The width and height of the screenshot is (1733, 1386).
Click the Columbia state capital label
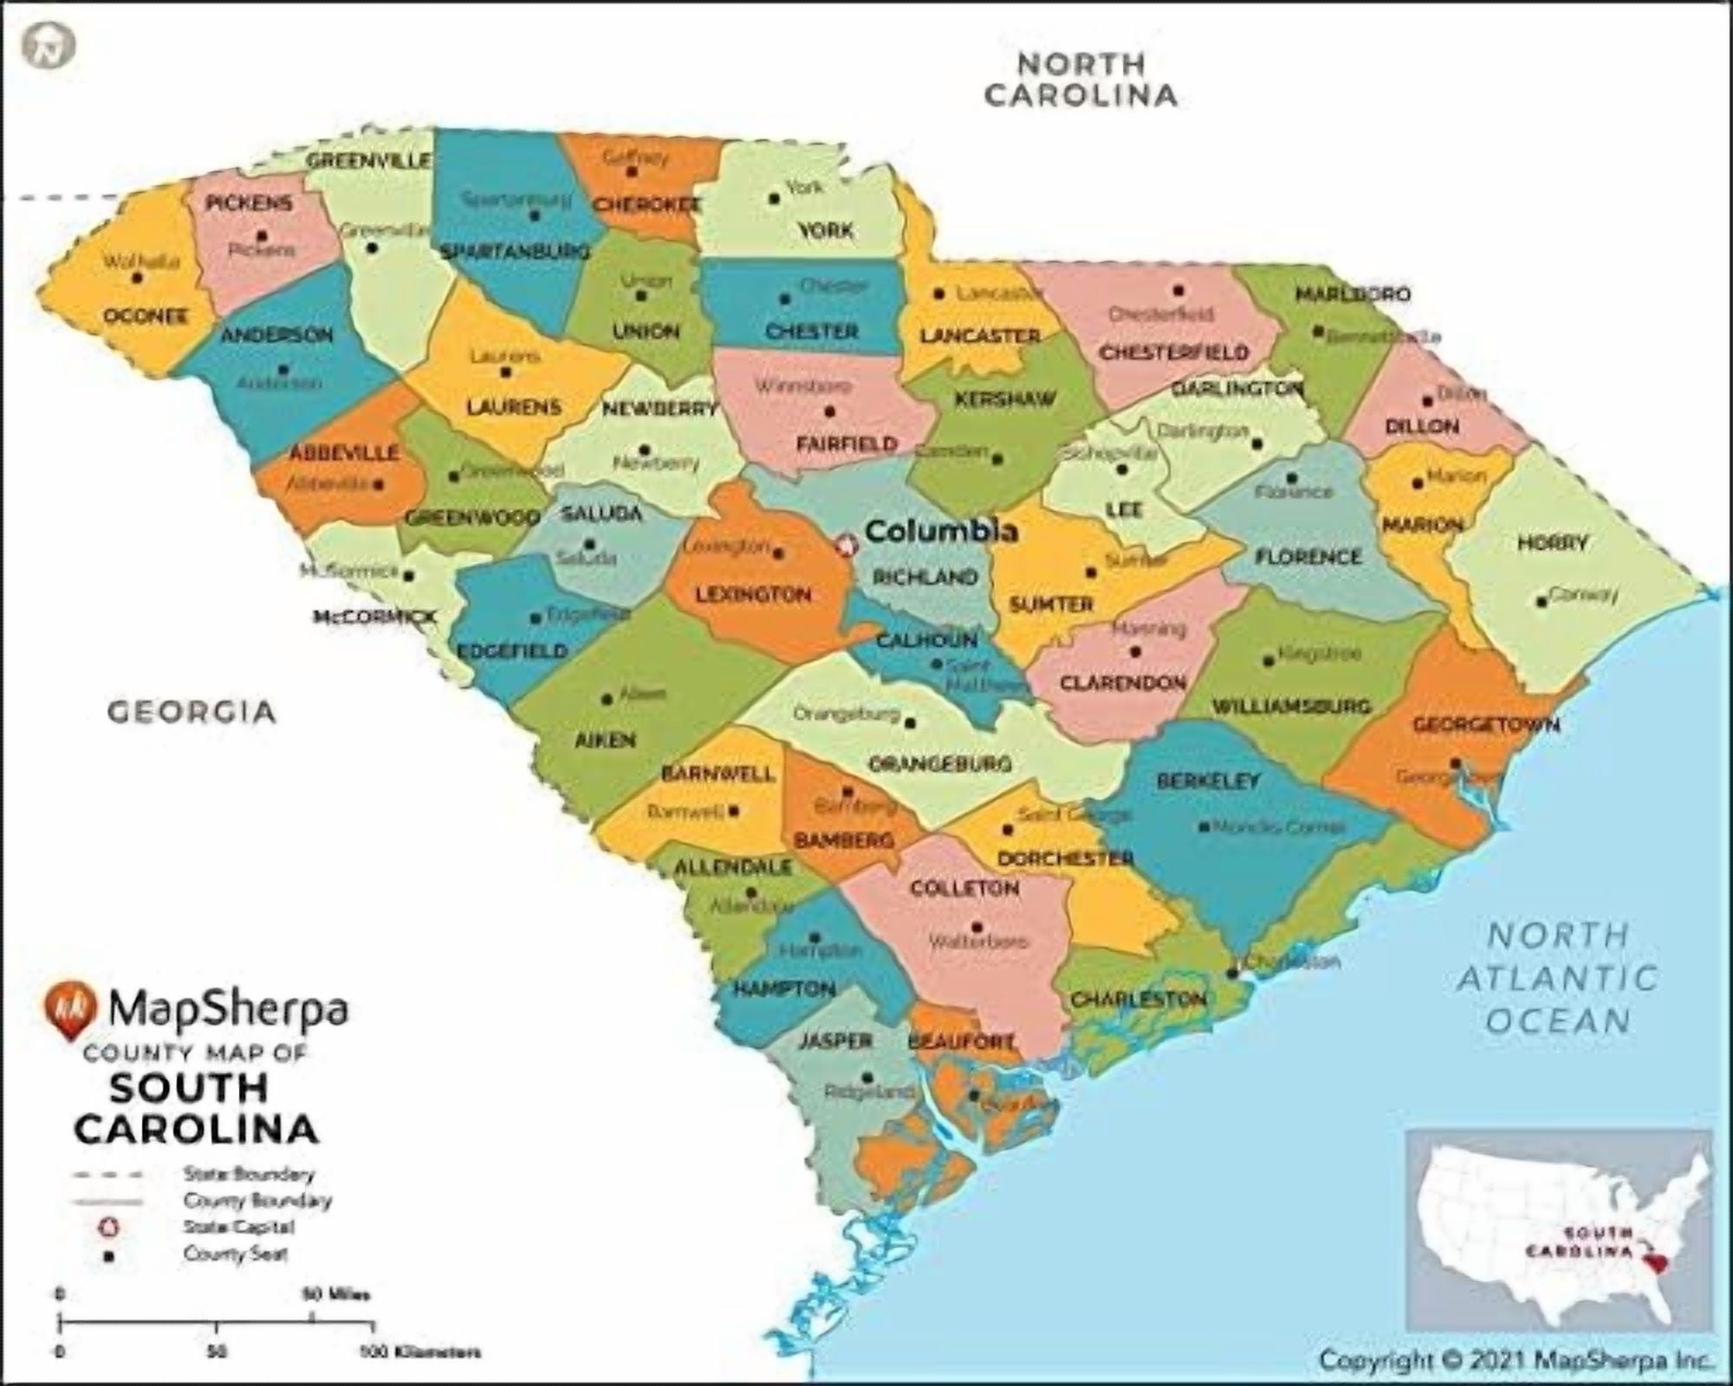941,531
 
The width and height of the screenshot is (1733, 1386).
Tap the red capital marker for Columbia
846,545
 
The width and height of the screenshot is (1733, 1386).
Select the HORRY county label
1552,543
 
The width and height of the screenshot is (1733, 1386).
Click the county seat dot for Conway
1541,601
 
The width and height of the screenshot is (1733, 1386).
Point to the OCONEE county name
146,315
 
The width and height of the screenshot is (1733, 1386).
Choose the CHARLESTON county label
1139,999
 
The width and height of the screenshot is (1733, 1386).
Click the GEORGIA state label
191,712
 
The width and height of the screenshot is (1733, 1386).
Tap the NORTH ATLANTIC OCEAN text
1558,978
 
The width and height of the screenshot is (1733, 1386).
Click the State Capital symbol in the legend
109,1227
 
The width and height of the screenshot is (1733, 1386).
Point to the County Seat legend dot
109,1254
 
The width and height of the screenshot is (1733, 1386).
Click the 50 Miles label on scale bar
335,1295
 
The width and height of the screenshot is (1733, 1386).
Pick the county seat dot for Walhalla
137,278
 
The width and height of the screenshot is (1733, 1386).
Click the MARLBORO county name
1352,295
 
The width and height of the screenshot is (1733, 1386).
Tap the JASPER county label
834,1040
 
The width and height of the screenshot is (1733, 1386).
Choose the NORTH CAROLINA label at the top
1081,79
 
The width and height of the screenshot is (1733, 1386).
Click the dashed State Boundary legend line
107,1176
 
